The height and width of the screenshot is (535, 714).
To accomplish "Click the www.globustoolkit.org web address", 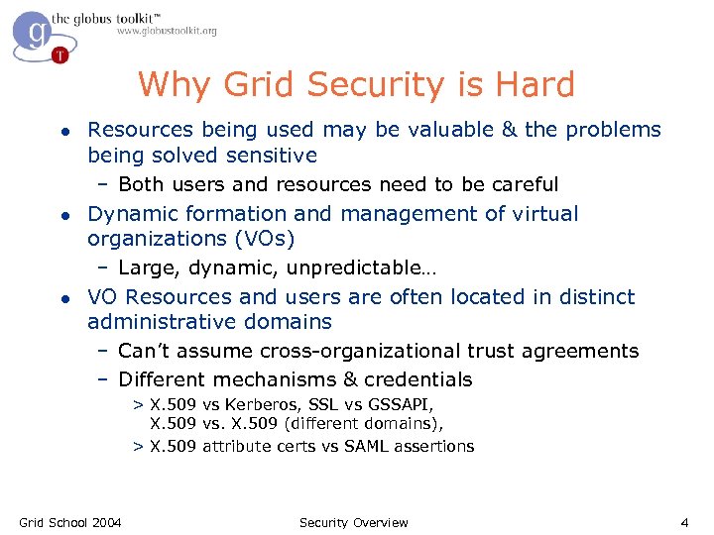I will [167, 32].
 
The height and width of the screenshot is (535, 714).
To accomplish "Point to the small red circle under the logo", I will [60, 55].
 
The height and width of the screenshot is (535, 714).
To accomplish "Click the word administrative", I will [158, 322].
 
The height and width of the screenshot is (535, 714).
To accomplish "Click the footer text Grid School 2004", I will [70, 522].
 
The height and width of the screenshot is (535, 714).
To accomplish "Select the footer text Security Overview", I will [353, 522].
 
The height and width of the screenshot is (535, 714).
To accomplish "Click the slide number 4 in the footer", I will [684, 522].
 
